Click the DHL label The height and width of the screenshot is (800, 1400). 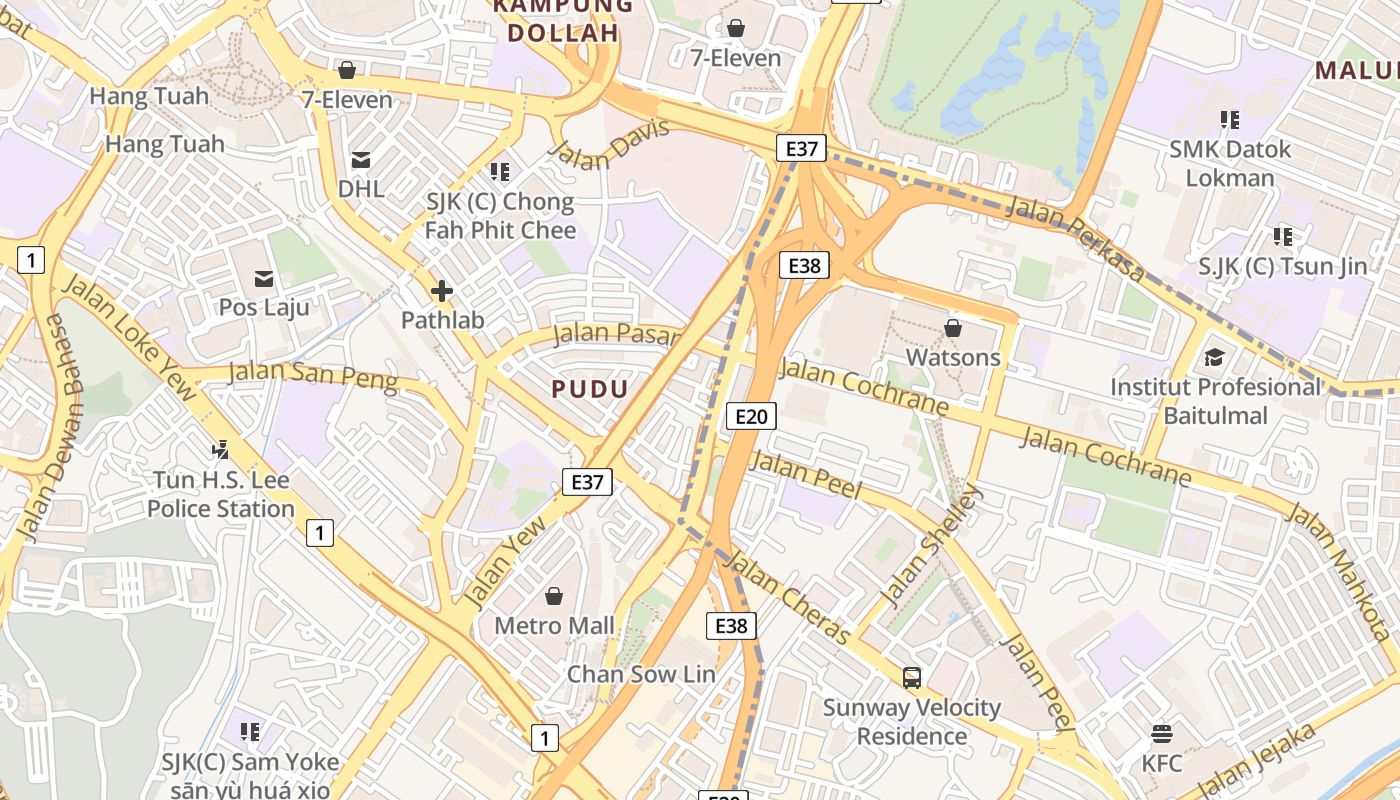(361, 188)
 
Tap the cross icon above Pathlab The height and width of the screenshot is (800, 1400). (441, 291)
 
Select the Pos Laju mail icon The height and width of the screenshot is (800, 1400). (264, 278)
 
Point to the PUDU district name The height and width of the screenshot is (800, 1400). (590, 389)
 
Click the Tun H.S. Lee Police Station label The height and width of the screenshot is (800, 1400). (221, 494)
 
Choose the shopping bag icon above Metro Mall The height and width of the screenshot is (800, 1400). (554, 597)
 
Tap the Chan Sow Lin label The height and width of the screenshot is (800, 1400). (641, 674)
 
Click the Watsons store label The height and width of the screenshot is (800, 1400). (952, 357)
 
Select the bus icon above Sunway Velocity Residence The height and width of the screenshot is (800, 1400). (912, 678)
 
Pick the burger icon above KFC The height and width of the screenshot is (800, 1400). (1162, 735)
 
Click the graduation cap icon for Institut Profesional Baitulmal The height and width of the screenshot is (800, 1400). (1215, 358)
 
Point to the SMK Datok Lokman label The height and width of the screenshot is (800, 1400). (1230, 163)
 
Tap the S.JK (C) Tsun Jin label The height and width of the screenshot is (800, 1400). (1283, 266)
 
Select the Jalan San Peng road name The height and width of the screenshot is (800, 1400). (312, 375)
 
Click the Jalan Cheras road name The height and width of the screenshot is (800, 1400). (790, 598)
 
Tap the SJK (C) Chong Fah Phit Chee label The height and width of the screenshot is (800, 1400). (500, 216)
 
